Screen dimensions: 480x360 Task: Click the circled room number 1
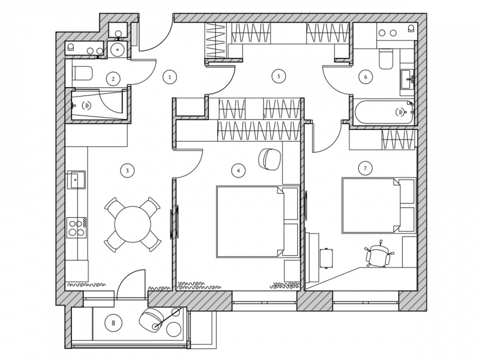point(170,77)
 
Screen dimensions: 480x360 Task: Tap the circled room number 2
point(113,79)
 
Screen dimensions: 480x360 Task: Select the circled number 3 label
point(128,170)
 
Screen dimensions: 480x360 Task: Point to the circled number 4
point(238,170)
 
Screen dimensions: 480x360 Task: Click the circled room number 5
point(279,76)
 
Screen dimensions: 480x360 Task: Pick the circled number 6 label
point(365,77)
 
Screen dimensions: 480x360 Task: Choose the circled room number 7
point(365,168)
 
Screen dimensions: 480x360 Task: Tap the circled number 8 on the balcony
point(113,323)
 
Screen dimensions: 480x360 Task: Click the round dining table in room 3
point(132,224)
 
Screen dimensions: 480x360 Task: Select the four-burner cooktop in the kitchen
point(77,227)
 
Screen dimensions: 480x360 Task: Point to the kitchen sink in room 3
point(76,180)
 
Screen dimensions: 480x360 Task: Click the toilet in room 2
point(82,73)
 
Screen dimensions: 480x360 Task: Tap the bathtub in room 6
point(383,112)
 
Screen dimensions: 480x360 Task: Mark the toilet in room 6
point(386,59)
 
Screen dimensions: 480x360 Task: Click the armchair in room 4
point(270,159)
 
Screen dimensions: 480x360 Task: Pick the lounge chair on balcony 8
point(151,320)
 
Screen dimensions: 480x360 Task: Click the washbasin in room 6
point(407,79)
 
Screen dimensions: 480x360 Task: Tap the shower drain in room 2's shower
point(87,105)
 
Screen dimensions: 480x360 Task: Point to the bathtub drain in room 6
point(400,112)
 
